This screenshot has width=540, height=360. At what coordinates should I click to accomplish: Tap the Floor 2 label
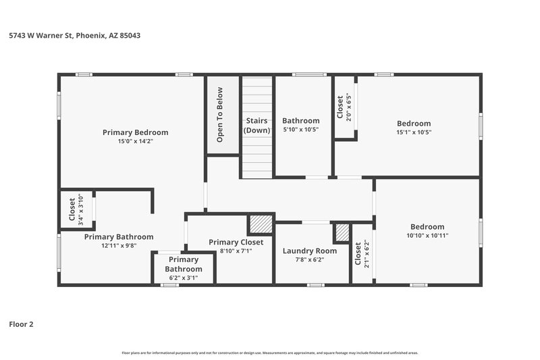tap(21, 324)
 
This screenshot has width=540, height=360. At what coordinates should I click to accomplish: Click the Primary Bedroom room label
tap(135, 132)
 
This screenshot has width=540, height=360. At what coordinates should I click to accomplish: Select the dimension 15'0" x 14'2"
tap(135, 141)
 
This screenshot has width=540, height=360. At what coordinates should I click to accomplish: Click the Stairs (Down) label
tap(256, 125)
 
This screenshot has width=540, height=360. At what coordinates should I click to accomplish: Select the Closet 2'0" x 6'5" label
tap(344, 106)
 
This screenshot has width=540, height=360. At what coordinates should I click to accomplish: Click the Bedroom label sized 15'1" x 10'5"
tap(413, 124)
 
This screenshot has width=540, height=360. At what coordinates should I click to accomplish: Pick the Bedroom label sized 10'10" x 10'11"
tap(427, 227)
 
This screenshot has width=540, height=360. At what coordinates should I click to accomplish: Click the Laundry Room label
tap(309, 251)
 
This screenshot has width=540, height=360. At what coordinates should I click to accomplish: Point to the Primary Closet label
tap(230, 242)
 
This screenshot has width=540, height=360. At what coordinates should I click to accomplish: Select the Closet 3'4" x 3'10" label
tap(76, 209)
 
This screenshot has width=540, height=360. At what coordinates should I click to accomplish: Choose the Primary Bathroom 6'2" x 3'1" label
tap(184, 264)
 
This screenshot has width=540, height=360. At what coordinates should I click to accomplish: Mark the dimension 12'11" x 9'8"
tap(118, 246)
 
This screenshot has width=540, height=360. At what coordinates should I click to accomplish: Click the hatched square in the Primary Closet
tap(260, 224)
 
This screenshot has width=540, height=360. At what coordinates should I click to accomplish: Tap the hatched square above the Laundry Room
tap(342, 232)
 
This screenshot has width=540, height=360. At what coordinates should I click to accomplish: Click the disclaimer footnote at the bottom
tap(270, 353)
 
